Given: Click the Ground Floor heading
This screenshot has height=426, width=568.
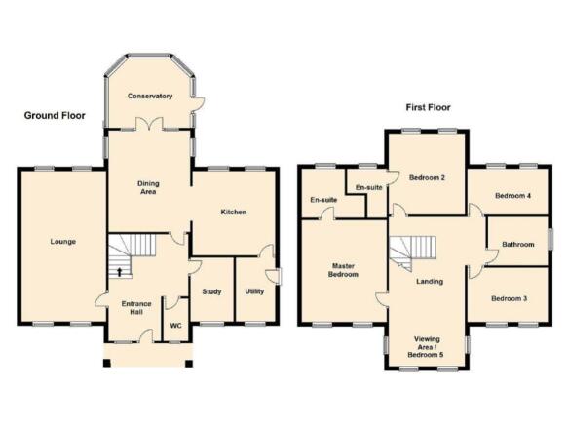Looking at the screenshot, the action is pos(55,116).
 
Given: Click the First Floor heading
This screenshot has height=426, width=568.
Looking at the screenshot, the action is pos(428,107).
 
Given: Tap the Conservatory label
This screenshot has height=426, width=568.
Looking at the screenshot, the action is pos(150,97).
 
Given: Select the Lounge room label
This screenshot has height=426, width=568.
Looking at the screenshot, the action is pos(63,242).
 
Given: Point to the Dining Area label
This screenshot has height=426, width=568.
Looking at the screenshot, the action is pos(148,187).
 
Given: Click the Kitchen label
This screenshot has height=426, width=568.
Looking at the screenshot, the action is pos(234,213).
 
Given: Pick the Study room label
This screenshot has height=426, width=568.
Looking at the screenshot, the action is pos(211,291).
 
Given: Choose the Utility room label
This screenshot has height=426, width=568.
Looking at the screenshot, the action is pos(254,291).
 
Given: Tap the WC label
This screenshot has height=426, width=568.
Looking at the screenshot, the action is pos(175,326).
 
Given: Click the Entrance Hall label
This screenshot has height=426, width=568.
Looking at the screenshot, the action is pos(136,308).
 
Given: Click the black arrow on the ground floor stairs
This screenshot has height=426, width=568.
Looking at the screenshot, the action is pos(119,272).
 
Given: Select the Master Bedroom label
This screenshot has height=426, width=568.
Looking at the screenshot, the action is pos(343,270).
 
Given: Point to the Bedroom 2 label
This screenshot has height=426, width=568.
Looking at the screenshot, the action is pos(427,177).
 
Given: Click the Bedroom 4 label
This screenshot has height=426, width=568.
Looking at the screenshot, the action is pos(512,196).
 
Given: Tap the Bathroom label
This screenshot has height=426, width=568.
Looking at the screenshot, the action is pos(518,245).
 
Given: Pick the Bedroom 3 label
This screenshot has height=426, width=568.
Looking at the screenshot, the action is pos(509,298).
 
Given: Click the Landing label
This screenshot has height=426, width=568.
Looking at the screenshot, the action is pos(430,282).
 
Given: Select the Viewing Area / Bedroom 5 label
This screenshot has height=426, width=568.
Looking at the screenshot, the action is pos(427,347).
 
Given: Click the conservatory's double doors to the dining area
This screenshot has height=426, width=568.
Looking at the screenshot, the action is pos(149,124).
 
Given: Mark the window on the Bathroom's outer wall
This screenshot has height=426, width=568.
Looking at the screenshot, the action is pos(550,239).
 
